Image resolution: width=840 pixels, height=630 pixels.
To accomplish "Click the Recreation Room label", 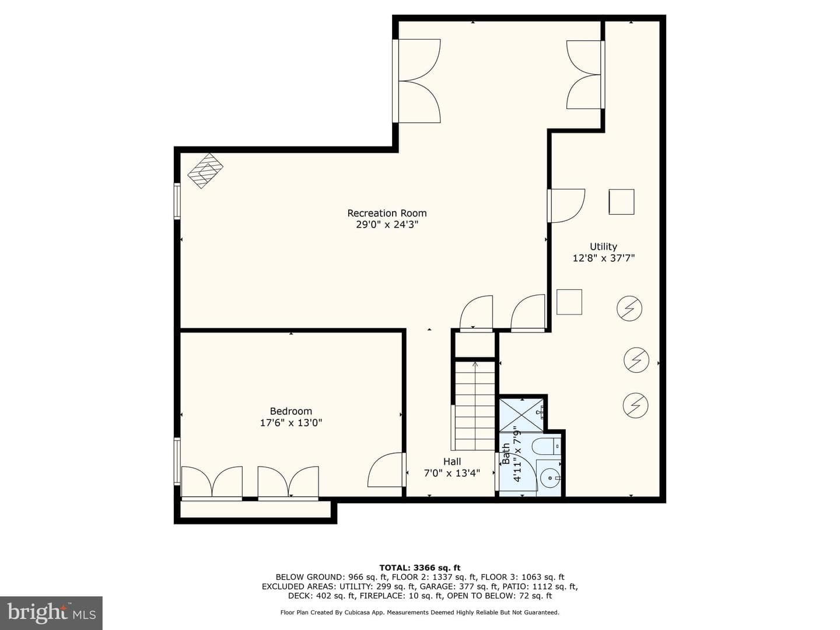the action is point(387,213).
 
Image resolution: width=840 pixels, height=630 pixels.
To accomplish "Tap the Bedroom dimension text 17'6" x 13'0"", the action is point(291,423).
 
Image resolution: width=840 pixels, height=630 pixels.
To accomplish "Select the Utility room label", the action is point(604,247).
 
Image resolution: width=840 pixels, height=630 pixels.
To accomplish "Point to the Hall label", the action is point(452,461).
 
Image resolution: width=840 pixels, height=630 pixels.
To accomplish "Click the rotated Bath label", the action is point(506,454).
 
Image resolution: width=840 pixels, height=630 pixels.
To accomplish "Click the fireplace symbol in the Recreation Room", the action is point(205,171).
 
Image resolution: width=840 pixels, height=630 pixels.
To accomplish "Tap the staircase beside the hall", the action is point(475,406).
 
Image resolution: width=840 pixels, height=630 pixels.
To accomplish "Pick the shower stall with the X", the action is point(521,415).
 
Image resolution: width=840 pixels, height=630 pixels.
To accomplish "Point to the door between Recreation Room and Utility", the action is point(567,206).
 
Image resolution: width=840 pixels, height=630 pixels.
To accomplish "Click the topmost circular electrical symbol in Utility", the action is point(629,309).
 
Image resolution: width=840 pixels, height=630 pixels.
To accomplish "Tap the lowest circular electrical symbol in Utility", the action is point(636,405).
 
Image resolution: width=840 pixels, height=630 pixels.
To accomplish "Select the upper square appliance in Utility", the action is point(621,202).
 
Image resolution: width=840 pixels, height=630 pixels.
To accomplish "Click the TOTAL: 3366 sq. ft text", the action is point(420,568).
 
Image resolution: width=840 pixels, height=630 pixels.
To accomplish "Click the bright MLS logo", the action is point(51,613).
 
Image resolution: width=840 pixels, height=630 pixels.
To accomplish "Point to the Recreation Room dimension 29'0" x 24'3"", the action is point(387,225).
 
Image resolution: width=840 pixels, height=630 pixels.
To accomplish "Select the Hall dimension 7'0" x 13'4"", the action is point(452,473).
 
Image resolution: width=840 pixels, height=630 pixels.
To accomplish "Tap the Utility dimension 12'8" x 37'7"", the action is point(604,258).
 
